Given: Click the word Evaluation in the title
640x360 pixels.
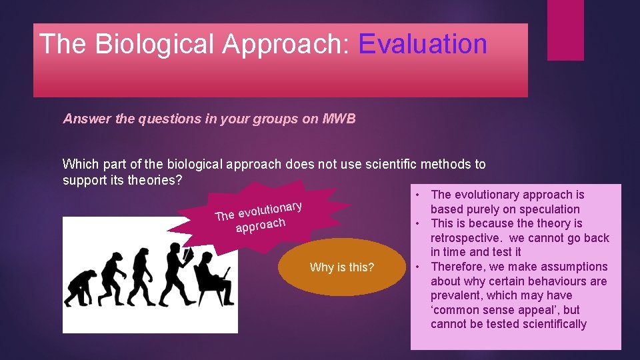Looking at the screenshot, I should (423, 44).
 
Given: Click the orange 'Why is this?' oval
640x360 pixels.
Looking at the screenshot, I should (342, 267).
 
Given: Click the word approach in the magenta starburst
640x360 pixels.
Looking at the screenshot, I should (260, 225).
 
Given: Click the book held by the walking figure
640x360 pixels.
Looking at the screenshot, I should (189, 255).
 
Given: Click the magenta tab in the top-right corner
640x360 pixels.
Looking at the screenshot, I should (565, 30).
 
